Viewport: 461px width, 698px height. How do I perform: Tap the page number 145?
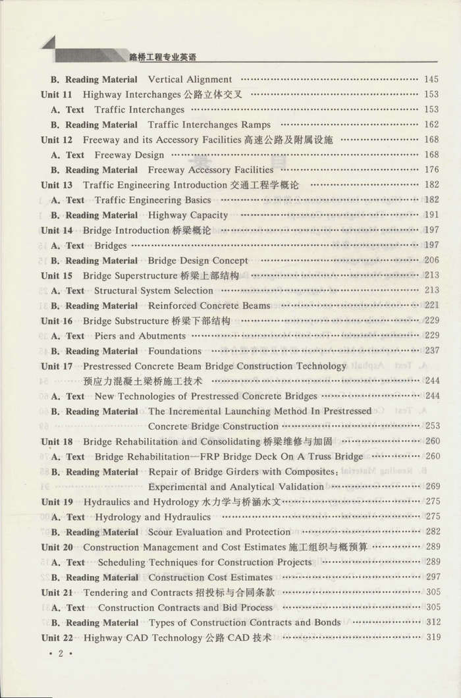(x=432, y=80)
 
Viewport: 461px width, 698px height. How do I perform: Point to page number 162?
(x=432, y=124)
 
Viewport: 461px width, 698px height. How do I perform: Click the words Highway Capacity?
(x=188, y=215)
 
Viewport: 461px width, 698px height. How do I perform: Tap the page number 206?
(x=432, y=260)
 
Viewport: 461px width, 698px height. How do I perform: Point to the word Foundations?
(x=175, y=351)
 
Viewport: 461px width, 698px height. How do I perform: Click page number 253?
(x=432, y=426)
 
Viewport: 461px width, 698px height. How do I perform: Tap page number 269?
(x=432, y=487)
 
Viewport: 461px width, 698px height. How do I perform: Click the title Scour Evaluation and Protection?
(x=219, y=532)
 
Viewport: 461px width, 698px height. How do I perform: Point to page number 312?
(x=432, y=622)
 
